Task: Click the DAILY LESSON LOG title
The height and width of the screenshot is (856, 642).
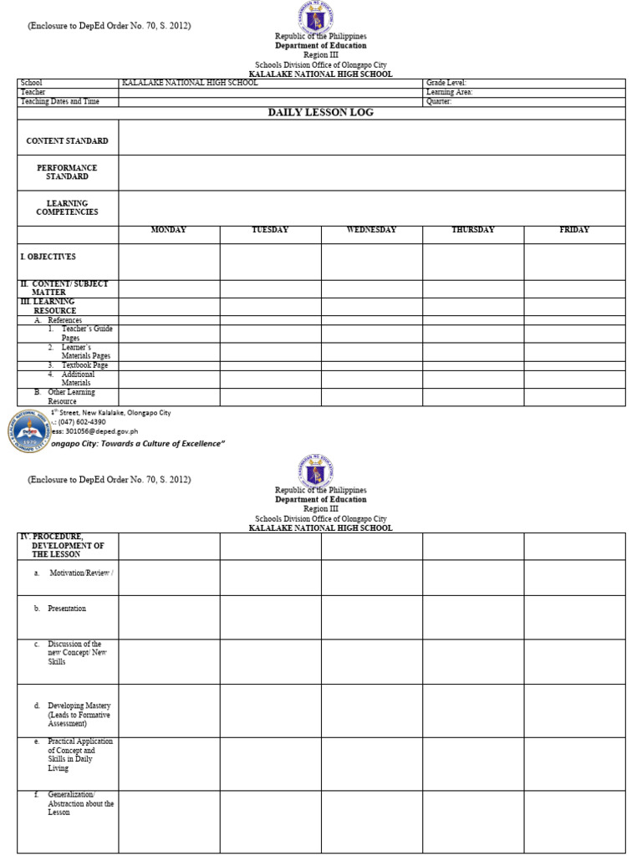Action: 320,112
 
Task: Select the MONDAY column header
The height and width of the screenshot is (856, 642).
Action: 168,230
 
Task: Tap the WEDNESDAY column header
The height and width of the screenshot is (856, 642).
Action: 371,230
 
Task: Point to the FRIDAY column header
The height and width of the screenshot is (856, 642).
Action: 574,230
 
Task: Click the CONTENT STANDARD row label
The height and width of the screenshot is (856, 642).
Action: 67,141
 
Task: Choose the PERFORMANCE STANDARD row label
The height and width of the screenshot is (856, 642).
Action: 67,172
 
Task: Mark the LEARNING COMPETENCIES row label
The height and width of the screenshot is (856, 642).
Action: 67,207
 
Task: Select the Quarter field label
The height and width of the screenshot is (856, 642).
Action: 440,101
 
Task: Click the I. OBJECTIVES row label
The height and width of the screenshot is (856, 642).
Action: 48,257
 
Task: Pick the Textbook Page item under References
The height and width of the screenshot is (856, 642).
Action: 78,365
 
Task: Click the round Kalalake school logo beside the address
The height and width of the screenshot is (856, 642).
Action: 30,431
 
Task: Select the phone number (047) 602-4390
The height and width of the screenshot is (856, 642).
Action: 82,422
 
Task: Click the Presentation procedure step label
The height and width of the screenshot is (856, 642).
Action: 67,609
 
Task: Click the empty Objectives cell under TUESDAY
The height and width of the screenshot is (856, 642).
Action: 270,262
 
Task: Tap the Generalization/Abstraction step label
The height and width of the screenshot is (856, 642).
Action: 80,802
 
